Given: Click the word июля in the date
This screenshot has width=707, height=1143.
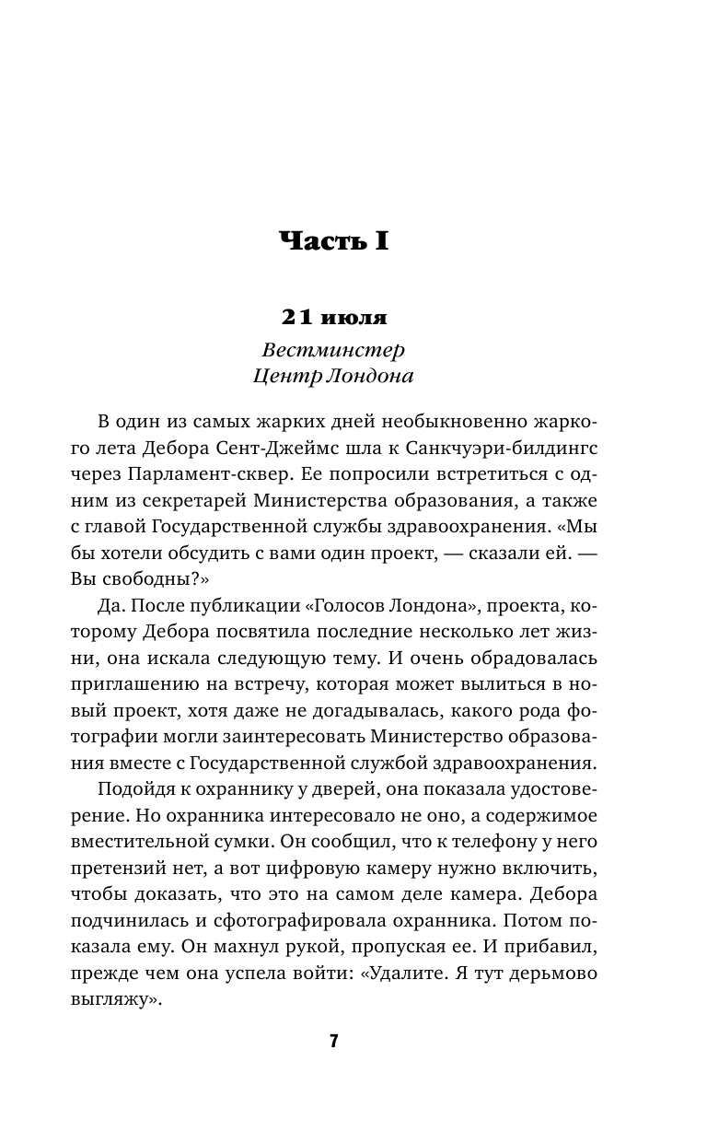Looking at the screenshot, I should tap(353, 318).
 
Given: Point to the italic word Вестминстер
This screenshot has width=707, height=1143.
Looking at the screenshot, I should tap(333, 351).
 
